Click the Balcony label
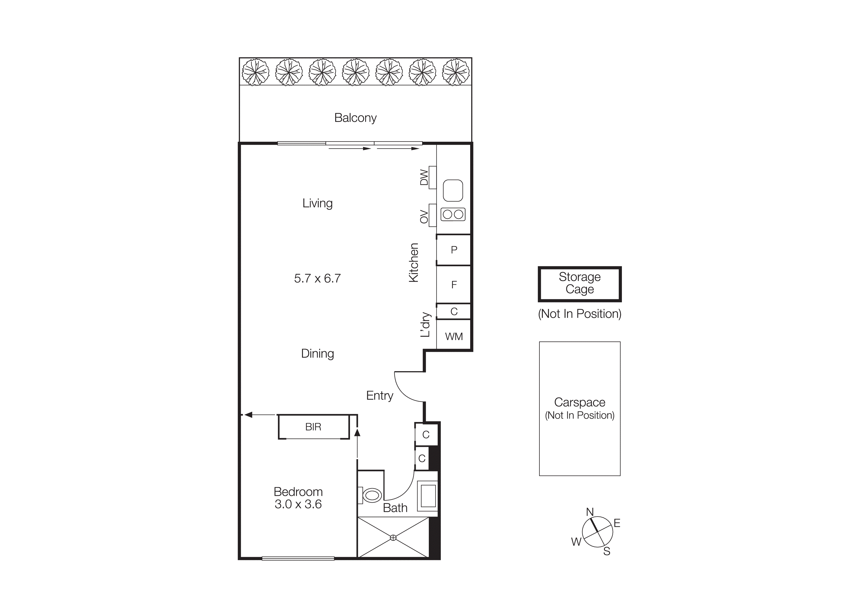point(355,118)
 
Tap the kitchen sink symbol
point(453,190)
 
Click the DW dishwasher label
point(424,177)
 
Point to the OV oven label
point(424,217)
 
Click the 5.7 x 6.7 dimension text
point(317,279)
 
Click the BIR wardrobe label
point(313,427)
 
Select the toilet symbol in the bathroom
point(372,495)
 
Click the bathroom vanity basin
point(428,496)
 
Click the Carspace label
point(580,402)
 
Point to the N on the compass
point(590,512)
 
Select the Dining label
point(317,354)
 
